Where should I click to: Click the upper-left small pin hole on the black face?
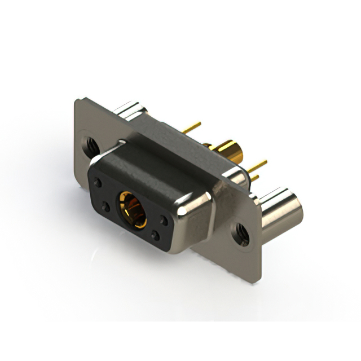tap(99, 183)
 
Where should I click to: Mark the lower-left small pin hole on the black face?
tap(105, 208)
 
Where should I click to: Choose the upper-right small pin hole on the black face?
tap(163, 221)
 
